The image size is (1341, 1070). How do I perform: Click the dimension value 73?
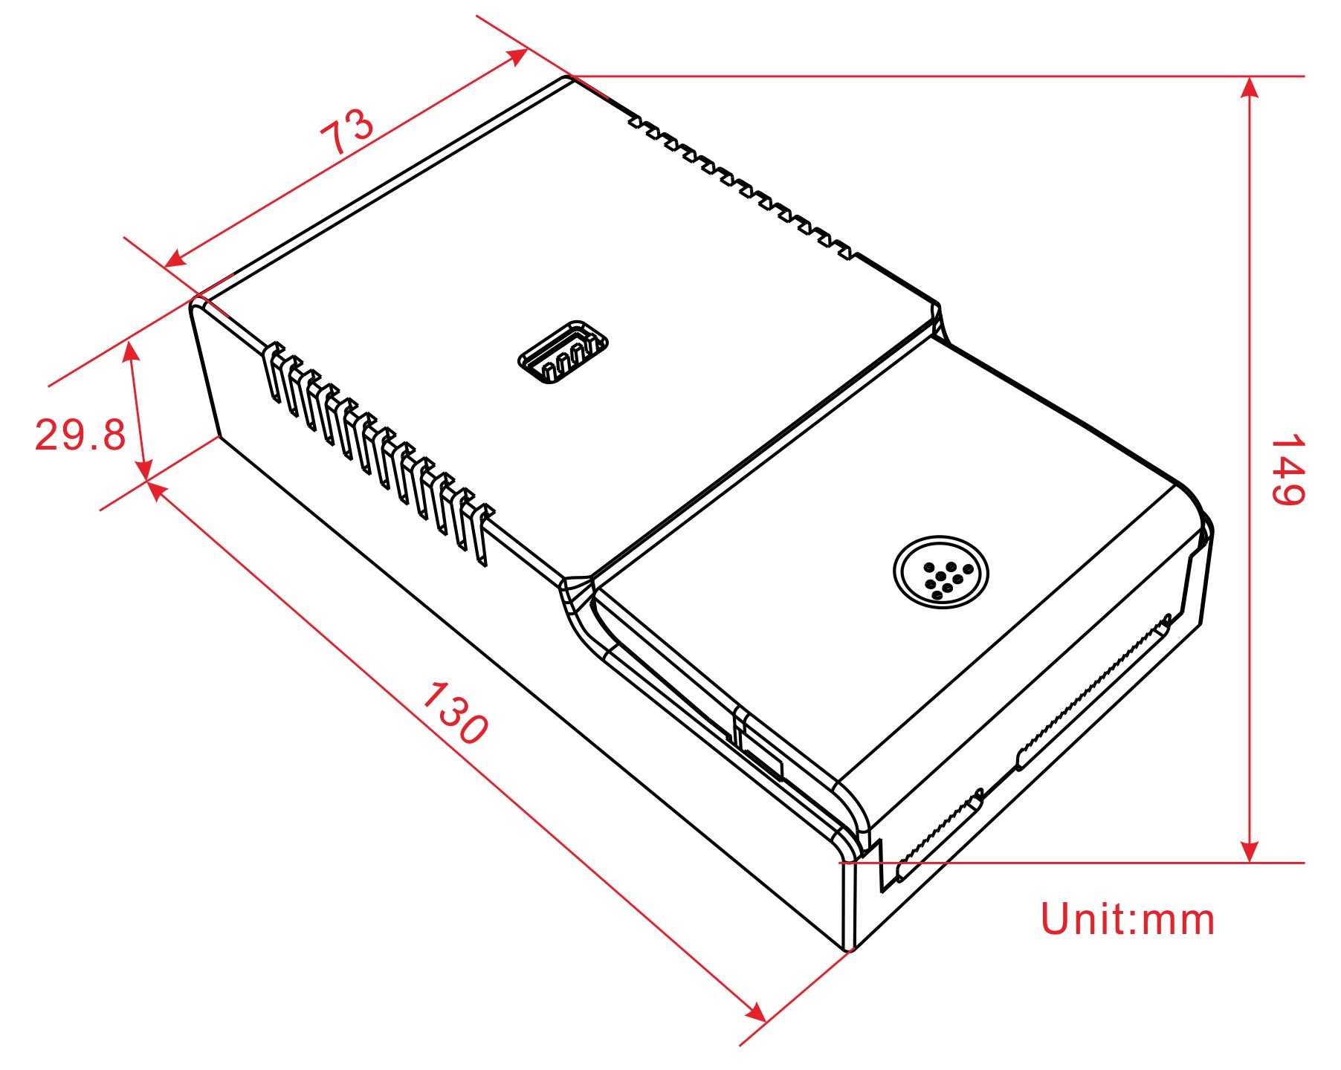pos(347,132)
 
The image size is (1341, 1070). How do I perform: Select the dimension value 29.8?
pos(80,435)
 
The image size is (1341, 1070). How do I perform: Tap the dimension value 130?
pos(455,713)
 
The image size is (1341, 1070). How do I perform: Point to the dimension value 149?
pos(1287,470)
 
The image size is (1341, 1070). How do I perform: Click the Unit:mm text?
pos(1128,919)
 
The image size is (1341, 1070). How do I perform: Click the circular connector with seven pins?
pos(942,572)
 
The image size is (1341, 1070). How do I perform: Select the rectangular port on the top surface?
pos(563,352)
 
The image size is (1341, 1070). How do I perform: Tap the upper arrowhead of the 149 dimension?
pos(1250,87)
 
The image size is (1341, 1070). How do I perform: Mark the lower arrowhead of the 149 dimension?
pos(1250,852)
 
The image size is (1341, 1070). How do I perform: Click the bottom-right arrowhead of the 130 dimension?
pos(757,1011)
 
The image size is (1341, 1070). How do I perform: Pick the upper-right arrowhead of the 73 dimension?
pos(517,56)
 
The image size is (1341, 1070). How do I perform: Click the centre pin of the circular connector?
pos(942,576)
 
